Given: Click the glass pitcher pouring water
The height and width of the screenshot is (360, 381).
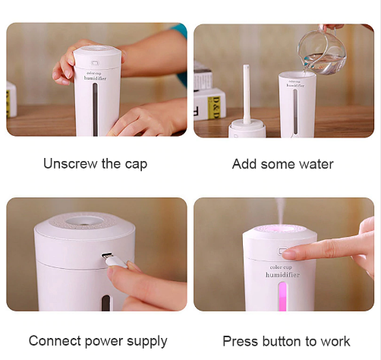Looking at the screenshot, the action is tap(321, 51).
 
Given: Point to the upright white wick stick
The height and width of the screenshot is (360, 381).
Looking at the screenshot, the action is tap(247, 94).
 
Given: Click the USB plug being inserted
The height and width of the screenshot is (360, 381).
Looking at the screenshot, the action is tap(115, 260).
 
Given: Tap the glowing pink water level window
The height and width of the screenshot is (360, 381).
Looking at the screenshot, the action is tap(282, 296).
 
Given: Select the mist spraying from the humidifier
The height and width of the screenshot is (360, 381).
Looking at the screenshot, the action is tap(280, 210).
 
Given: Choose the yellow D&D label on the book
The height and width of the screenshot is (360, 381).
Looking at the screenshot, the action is tap(213, 108).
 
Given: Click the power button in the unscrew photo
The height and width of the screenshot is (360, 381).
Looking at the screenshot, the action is tap(95, 63).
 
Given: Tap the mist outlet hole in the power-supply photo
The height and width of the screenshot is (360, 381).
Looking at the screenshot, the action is tap(85, 220).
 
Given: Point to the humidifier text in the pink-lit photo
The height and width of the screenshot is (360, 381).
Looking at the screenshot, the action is tap(282, 275).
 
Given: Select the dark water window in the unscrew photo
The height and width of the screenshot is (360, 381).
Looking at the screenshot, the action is tap(95, 109).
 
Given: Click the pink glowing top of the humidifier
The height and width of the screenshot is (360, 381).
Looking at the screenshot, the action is tap(279, 229).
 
